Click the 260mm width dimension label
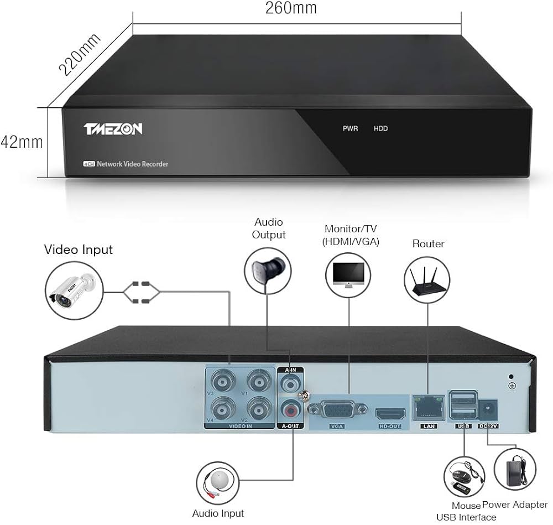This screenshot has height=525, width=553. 291,8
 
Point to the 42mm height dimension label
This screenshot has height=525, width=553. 22,142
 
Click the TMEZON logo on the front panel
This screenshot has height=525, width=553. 113,129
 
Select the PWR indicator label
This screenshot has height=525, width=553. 350,128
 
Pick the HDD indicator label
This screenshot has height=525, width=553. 381,128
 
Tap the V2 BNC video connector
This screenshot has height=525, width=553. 258,410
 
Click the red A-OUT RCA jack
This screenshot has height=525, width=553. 291,410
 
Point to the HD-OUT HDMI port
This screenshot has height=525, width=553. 390,414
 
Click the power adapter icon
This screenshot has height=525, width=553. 516,468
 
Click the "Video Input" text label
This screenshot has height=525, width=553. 78,249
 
